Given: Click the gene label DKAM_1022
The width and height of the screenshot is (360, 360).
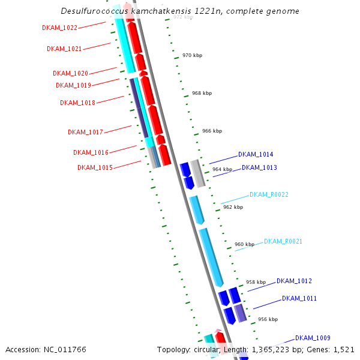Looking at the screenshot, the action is [x=60, y=28].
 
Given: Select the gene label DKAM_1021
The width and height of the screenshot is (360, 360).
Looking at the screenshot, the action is [x=64, y=49].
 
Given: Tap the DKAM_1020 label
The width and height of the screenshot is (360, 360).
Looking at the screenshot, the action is [x=70, y=73].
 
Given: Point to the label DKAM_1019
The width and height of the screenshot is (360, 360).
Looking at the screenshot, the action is [x=73, y=85].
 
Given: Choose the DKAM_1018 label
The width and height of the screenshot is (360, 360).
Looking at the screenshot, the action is [x=77, y=103].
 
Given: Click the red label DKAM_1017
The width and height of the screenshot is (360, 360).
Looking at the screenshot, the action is [x=85, y=132].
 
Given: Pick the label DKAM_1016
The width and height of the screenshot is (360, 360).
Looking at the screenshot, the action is [x=91, y=152].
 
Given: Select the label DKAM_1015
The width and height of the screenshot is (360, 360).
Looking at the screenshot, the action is [x=95, y=167].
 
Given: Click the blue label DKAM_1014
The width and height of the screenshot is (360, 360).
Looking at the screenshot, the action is [x=256, y=154].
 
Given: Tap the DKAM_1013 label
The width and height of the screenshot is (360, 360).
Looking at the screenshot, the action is [x=259, y=167].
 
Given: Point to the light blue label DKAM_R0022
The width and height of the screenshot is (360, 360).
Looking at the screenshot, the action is [x=269, y=194].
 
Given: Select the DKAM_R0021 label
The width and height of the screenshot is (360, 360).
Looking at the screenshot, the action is [x=283, y=241].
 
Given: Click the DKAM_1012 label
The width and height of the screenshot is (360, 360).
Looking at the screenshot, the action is [x=294, y=281].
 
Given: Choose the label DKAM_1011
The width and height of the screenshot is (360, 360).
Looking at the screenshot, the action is [x=299, y=298].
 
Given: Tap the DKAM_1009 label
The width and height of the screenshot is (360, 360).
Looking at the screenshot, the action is [x=313, y=338].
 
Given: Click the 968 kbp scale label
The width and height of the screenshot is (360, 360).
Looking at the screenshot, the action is [x=202, y=93].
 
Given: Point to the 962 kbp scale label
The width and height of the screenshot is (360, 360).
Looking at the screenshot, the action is [x=233, y=207].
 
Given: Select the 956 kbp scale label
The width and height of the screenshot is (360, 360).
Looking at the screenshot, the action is [x=268, y=319].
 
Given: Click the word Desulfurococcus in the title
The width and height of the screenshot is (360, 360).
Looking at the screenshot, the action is [x=94, y=11].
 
